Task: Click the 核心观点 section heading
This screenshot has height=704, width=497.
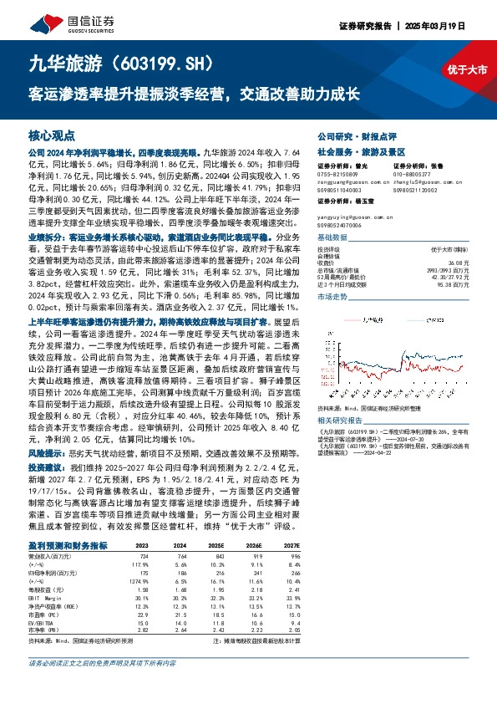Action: [52, 135]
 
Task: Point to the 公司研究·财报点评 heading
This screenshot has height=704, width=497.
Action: [352, 135]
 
